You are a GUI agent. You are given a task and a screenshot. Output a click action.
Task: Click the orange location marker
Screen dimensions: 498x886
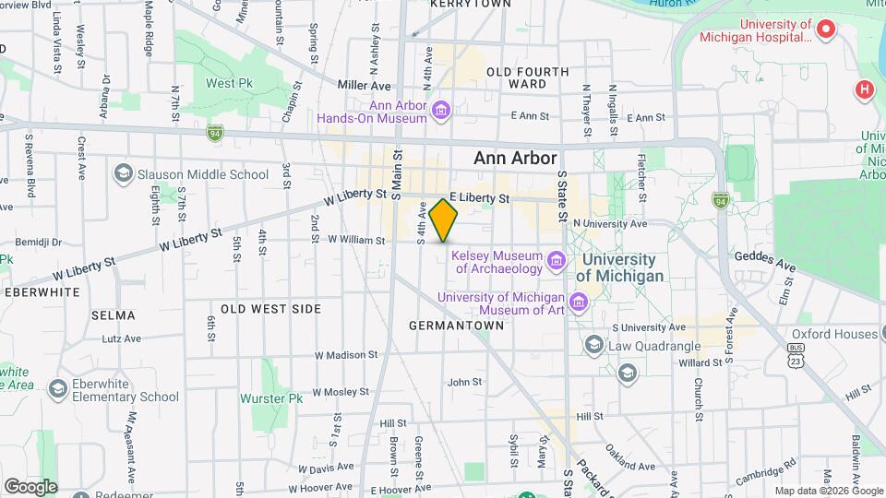point(444,219)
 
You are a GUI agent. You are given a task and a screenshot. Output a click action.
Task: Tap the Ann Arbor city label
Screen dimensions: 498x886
point(517,158)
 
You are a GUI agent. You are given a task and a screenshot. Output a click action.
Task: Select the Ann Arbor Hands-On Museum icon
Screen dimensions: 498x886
point(441,112)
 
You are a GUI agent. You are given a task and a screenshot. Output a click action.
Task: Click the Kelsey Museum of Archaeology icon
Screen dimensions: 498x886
point(556,262)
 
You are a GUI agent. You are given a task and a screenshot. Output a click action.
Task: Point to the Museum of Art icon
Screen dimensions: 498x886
point(579,302)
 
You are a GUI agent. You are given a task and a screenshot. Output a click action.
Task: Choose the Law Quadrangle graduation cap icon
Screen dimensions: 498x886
point(593,345)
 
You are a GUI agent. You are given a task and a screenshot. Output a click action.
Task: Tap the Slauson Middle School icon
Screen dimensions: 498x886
point(123,173)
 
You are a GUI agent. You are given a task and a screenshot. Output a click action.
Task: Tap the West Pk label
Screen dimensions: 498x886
point(228,83)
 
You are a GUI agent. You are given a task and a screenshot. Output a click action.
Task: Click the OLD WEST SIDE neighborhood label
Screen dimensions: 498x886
point(269,309)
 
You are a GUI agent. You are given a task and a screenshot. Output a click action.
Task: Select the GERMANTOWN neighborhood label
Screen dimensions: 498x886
point(449,326)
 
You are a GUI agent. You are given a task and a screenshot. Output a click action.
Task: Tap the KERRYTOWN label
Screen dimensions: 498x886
point(470,5)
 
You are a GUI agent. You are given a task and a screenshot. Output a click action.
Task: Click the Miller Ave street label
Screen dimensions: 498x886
point(364,85)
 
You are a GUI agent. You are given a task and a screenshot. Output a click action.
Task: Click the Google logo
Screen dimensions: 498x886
point(30,486)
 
